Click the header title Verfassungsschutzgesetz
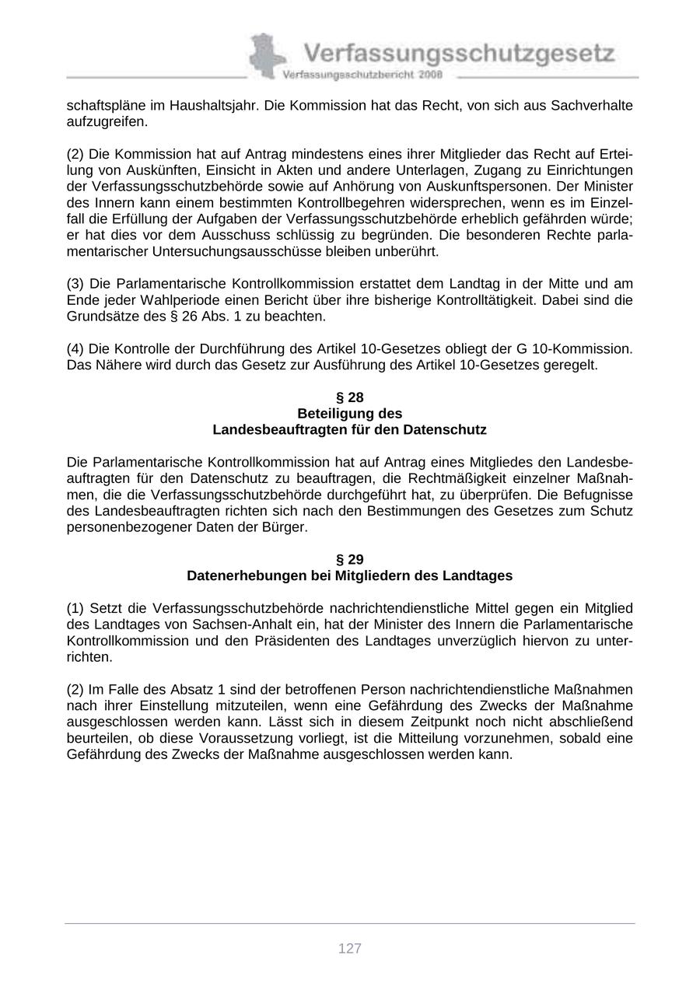pyautogui.click(x=459, y=54)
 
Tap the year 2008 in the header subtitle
pyautogui.click(x=429, y=75)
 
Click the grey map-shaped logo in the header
pyautogui.click(x=266, y=56)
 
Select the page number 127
pyautogui.click(x=350, y=948)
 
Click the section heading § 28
pyautogui.click(x=350, y=397)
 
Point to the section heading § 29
pyautogui.click(x=350, y=559)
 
